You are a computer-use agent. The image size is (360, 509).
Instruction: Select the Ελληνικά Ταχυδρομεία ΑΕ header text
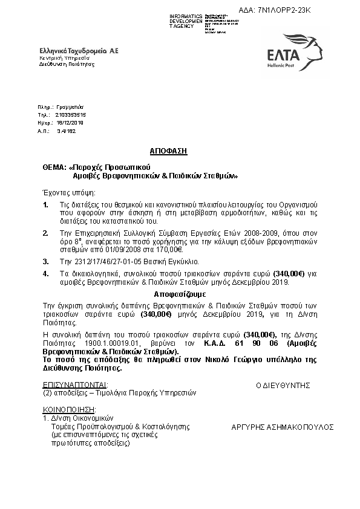point(79,52)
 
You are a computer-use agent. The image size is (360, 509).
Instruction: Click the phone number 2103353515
point(70,114)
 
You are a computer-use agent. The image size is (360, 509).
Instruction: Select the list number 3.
point(45,262)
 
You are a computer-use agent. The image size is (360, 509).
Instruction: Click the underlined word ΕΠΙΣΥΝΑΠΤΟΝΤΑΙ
point(75,384)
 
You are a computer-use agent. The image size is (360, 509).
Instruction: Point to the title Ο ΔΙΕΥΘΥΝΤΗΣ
point(283,384)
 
